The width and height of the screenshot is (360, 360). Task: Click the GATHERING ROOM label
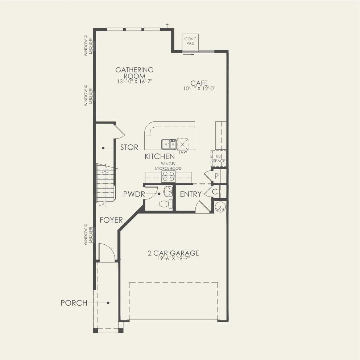click(x=134, y=73)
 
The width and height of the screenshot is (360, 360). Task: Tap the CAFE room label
click(x=199, y=83)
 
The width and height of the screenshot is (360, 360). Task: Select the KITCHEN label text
click(x=160, y=156)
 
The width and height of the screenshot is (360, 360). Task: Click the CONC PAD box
click(x=190, y=42)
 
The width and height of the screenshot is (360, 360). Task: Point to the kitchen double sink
click(x=169, y=144)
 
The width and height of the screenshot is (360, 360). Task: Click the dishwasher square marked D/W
click(x=182, y=144)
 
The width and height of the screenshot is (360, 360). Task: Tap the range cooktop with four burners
click(x=169, y=177)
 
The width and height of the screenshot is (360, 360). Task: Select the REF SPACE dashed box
click(x=219, y=158)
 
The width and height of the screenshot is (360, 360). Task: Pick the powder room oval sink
click(x=168, y=191)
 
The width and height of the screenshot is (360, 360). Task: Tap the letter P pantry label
click(x=216, y=176)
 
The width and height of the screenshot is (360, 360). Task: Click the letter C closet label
click(x=215, y=192)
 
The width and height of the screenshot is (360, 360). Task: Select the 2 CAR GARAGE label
click(x=173, y=253)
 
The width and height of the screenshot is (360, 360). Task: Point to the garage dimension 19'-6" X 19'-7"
click(x=173, y=259)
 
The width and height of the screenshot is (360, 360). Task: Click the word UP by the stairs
click(x=101, y=204)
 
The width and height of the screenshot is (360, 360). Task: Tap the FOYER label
click(x=111, y=220)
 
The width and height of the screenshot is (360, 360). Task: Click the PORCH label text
click(x=74, y=303)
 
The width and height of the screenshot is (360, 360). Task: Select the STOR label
click(x=129, y=147)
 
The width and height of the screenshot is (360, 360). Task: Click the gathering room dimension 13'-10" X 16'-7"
click(x=135, y=82)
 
